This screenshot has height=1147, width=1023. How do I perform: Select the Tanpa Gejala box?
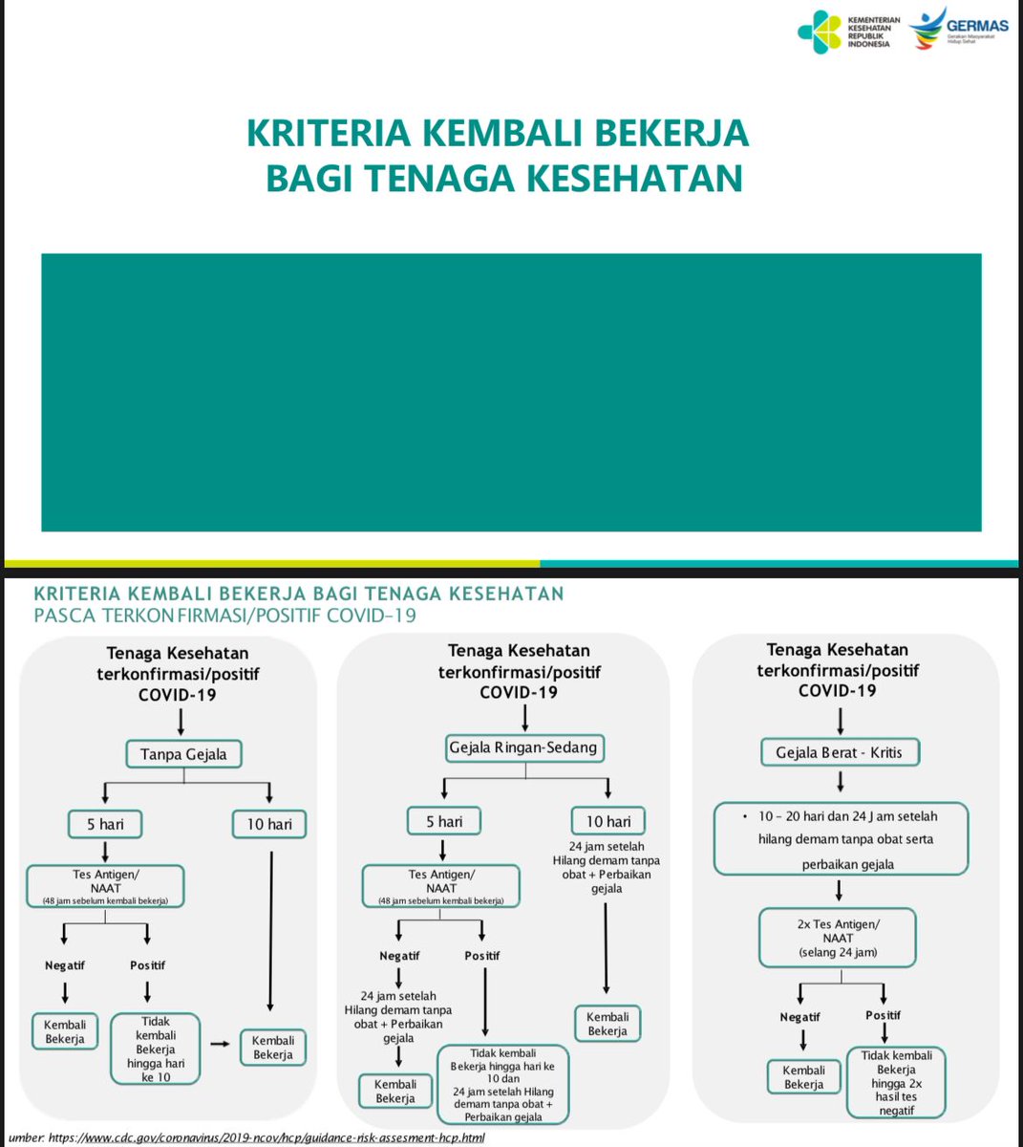(183, 754)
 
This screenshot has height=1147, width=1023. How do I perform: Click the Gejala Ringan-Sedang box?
(524, 747)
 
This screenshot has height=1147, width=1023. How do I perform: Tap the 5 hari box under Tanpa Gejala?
(105, 824)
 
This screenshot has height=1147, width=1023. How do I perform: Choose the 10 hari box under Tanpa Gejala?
(268, 824)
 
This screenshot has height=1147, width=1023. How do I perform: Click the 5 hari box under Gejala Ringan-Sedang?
(443, 821)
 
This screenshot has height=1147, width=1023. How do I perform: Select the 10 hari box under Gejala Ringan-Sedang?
(608, 821)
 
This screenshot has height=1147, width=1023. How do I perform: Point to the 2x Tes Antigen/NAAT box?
(838, 938)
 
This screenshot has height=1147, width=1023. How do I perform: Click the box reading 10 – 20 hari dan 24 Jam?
(841, 839)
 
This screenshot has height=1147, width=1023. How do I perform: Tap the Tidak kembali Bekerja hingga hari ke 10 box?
(155, 1049)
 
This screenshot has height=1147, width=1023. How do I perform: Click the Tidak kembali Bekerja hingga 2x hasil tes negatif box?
(896, 1083)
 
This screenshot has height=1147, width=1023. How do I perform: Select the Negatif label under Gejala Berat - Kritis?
(799, 1017)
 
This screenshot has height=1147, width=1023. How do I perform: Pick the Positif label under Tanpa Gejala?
(147, 965)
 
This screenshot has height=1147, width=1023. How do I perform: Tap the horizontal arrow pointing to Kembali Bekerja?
(220, 1043)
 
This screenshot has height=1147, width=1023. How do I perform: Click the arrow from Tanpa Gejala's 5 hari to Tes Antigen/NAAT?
(105, 851)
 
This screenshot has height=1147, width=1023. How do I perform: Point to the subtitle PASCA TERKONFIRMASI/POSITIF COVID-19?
(224, 616)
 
